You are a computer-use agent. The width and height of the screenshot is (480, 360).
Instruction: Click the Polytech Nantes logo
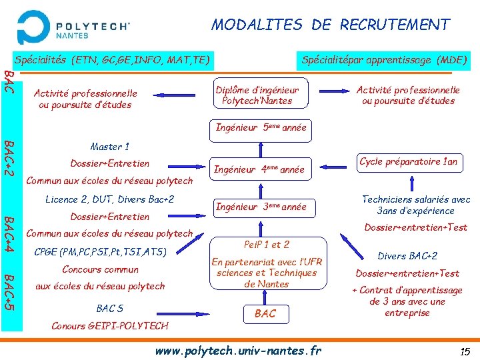click(x=73, y=27)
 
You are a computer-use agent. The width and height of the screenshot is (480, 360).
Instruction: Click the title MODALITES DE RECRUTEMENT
click(x=331, y=25)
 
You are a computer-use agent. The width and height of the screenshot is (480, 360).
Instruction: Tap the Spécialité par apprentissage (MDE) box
click(x=384, y=60)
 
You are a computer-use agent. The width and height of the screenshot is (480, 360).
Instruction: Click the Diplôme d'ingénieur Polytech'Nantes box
click(x=257, y=95)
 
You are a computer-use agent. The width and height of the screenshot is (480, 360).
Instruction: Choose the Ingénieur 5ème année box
click(x=261, y=127)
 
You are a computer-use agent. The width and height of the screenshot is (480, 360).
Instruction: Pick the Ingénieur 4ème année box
click(x=259, y=169)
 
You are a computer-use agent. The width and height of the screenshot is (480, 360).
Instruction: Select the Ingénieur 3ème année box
click(x=260, y=207)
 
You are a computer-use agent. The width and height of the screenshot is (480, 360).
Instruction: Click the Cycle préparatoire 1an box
click(x=409, y=162)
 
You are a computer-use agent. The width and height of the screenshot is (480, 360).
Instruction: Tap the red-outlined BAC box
click(x=265, y=313)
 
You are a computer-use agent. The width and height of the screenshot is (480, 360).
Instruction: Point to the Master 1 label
click(x=109, y=147)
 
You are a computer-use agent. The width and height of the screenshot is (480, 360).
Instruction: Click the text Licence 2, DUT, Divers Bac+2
click(x=109, y=199)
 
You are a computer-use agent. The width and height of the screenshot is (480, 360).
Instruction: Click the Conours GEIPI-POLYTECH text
click(x=110, y=325)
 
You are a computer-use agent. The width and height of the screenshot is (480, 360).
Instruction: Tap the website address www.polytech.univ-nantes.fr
click(x=238, y=350)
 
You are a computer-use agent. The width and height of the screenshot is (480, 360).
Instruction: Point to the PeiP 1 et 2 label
click(x=266, y=245)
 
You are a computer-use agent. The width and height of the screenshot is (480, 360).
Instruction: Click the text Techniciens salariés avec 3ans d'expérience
click(x=415, y=205)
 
